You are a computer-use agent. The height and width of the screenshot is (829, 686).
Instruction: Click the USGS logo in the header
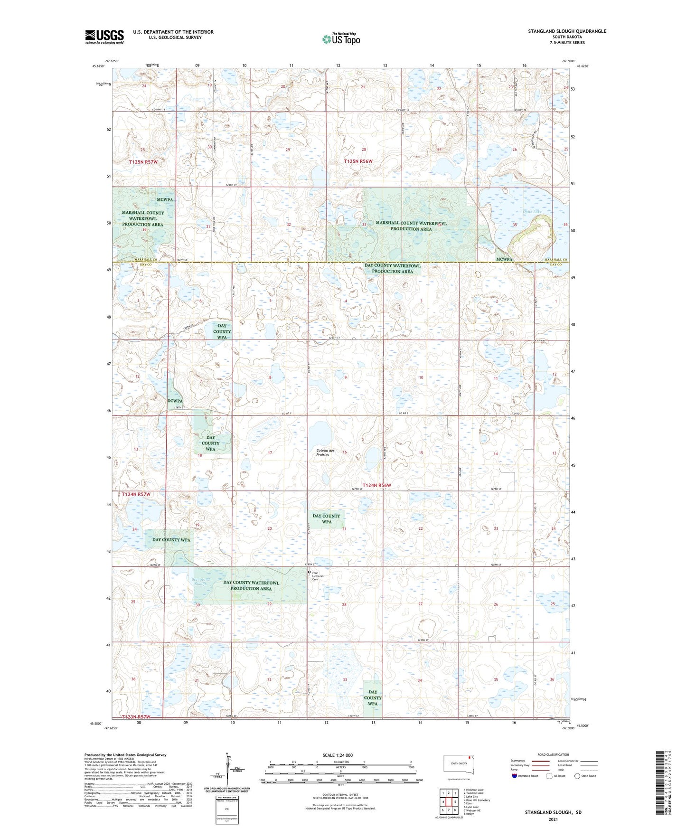[x=104, y=37]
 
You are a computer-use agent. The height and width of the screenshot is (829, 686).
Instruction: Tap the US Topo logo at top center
[x=340, y=39]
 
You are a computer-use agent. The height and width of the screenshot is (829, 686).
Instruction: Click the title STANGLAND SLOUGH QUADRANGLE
[x=567, y=31]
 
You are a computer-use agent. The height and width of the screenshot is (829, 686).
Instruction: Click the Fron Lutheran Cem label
[x=318, y=576]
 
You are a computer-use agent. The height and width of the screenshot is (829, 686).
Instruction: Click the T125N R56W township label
[x=358, y=161]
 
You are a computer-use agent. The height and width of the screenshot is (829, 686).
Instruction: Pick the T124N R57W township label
[x=136, y=494]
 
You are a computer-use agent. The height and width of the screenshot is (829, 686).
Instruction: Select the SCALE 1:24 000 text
[x=338, y=755]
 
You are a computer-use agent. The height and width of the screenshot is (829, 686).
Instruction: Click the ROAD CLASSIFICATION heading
[x=553, y=754]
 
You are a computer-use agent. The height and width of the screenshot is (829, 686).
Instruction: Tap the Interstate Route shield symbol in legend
[x=515, y=776]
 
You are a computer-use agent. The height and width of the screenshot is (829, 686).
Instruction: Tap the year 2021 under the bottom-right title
[x=553, y=819]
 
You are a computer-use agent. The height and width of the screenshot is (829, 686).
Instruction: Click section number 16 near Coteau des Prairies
[x=345, y=452]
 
